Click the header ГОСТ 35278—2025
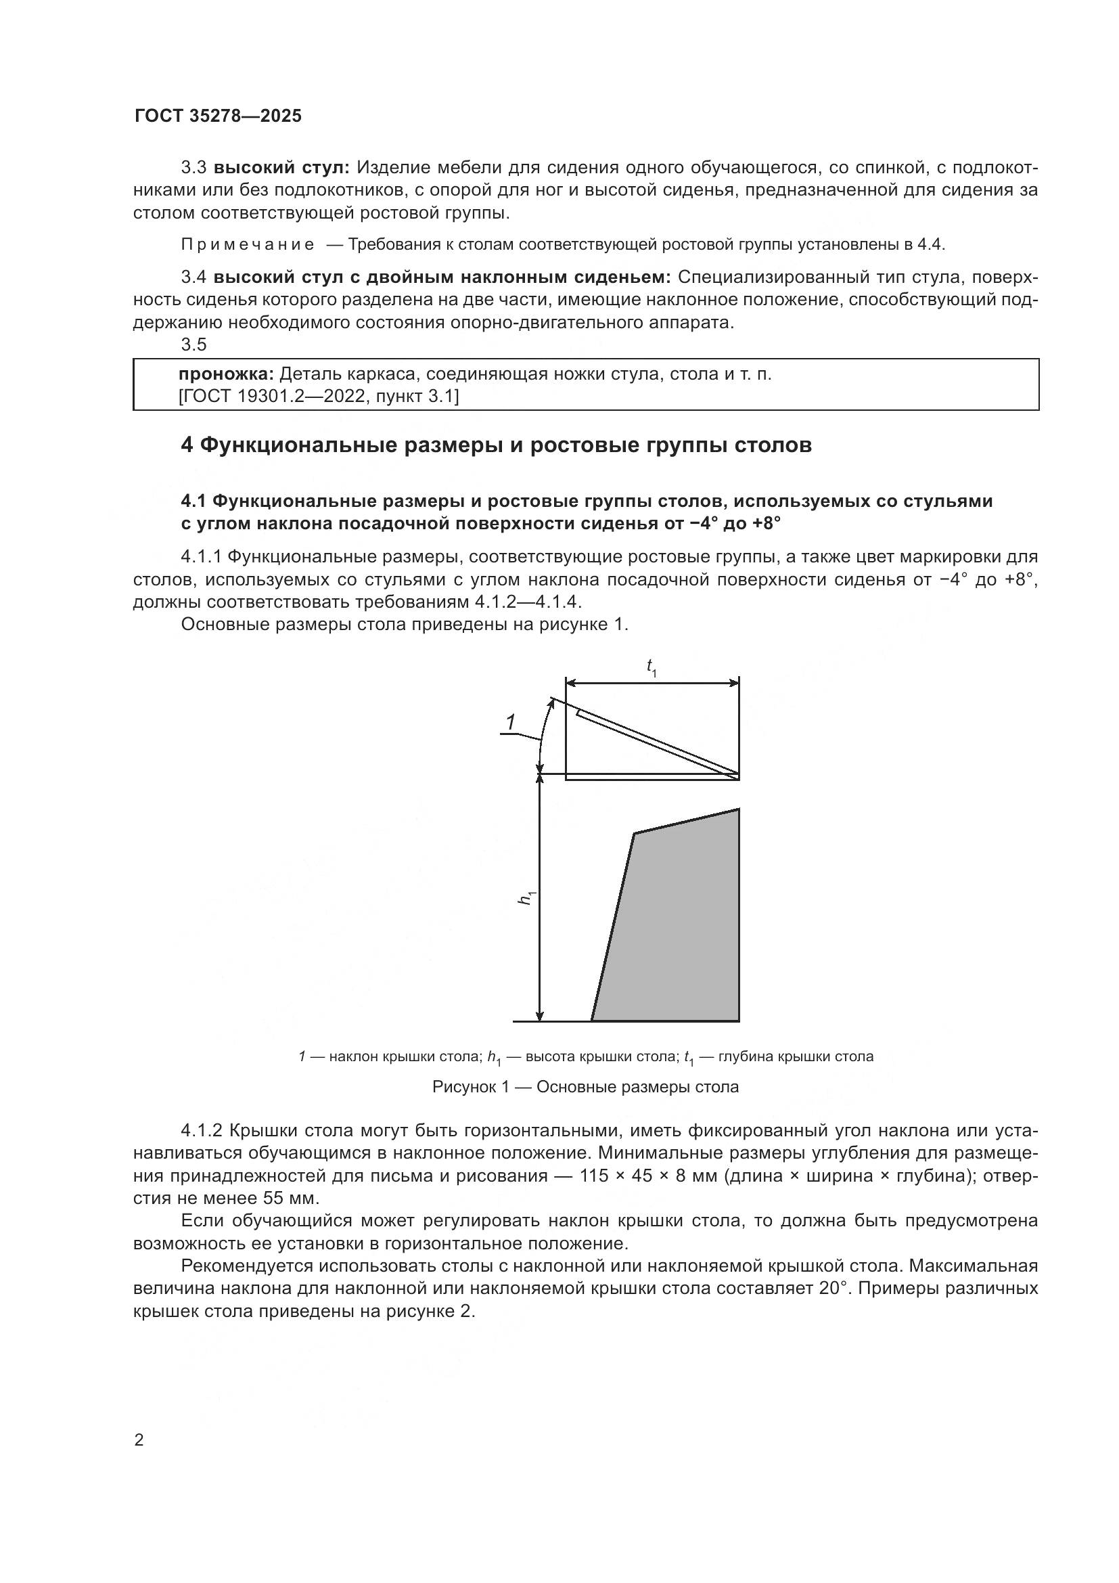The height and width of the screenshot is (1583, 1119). click(218, 116)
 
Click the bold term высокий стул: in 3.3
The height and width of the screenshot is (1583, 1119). click(282, 168)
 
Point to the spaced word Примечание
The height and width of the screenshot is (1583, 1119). click(248, 244)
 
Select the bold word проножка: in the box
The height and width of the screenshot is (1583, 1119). click(226, 374)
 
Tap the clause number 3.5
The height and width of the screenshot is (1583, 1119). click(193, 343)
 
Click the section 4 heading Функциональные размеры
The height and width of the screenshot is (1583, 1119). click(495, 445)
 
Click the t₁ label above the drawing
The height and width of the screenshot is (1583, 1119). click(651, 667)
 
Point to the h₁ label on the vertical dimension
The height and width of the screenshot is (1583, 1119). click(527, 897)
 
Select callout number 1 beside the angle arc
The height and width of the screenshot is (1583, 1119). click(510, 723)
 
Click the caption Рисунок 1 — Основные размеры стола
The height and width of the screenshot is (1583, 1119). click(585, 1088)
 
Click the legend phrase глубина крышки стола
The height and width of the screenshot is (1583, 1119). click(795, 1056)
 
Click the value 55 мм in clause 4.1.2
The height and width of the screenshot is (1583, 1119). click(291, 1199)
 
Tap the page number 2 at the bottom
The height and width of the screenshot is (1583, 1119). click(139, 1440)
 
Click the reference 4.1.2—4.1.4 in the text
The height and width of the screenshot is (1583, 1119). click(528, 602)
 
